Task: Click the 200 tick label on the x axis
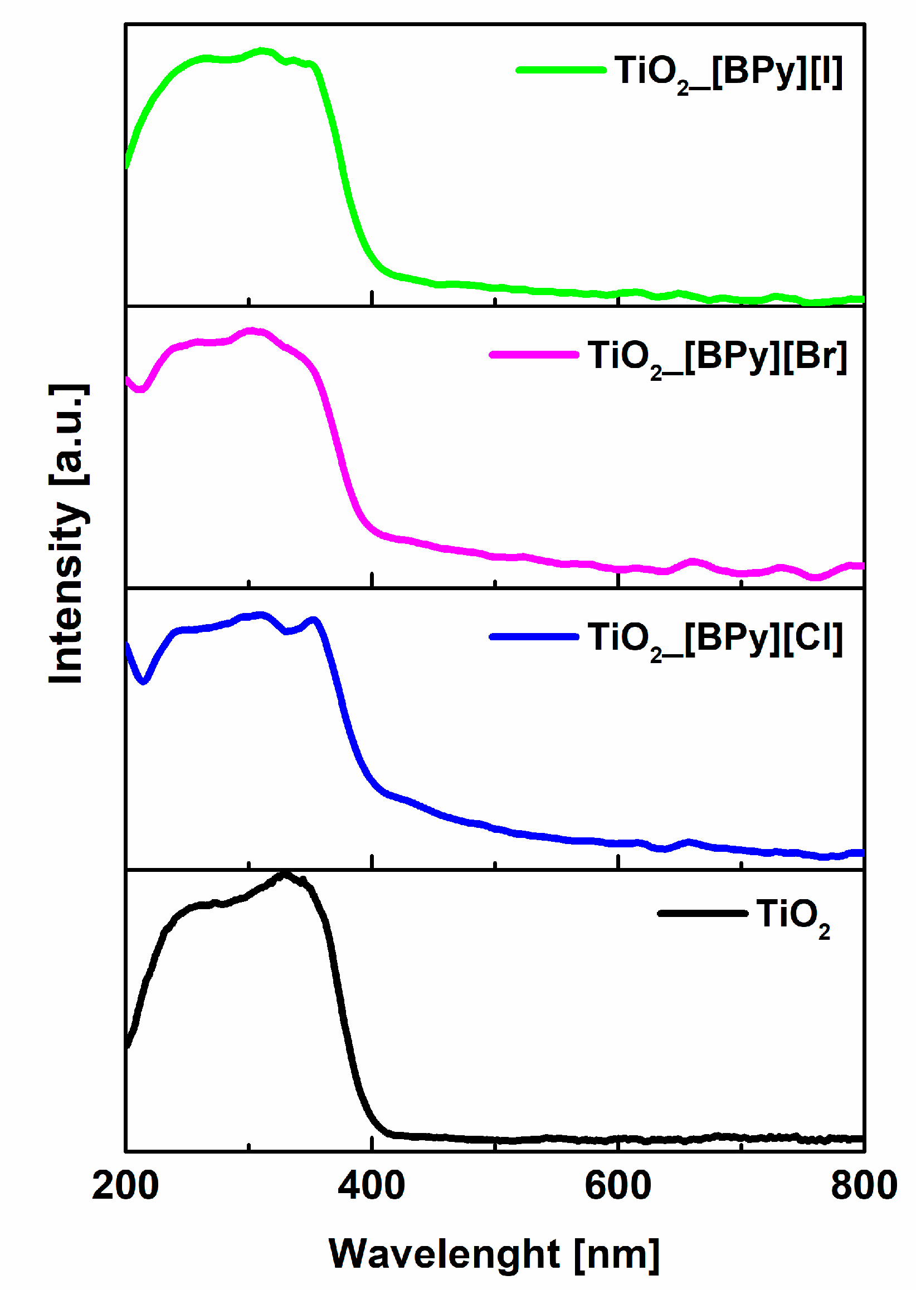click(125, 1185)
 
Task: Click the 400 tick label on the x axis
click(371, 1185)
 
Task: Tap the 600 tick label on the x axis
click(617, 1185)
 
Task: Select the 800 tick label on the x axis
click(864, 1185)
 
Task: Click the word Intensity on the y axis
click(67, 592)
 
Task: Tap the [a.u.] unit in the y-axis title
click(67, 434)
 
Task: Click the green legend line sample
click(561, 70)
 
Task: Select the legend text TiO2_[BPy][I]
click(729, 72)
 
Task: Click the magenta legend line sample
click(534, 355)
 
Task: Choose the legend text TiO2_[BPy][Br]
click(717, 357)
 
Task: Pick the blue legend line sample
click(534, 637)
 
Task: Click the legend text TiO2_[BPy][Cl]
click(715, 639)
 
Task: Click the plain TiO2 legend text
click(792, 915)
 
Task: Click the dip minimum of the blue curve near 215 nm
click(143, 681)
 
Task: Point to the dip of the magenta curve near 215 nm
click(140, 389)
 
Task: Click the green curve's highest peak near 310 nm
click(262, 51)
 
